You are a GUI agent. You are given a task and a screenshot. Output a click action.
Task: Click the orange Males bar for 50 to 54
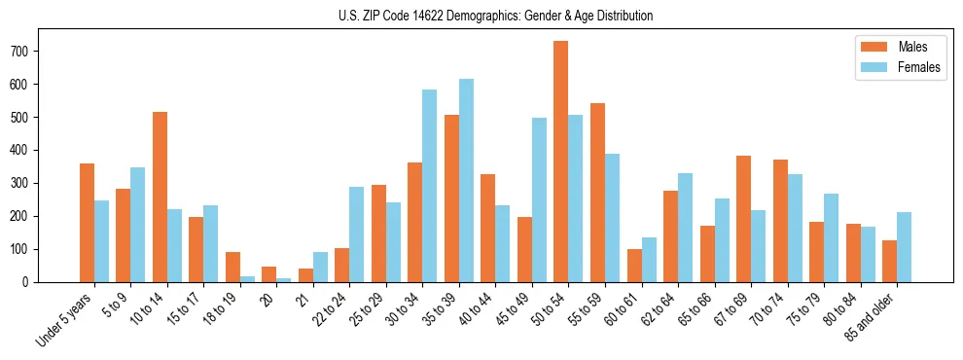(561, 162)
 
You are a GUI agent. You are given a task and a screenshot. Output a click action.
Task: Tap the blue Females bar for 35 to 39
(466, 180)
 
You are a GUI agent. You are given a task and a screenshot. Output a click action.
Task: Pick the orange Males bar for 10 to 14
(160, 197)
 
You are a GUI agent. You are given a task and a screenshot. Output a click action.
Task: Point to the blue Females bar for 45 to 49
(539, 199)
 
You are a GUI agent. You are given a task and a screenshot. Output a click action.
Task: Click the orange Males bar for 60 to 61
(634, 266)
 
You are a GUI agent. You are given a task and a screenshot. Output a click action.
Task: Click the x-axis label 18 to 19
(222, 308)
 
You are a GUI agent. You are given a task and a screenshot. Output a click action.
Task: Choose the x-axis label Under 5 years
(65, 316)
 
